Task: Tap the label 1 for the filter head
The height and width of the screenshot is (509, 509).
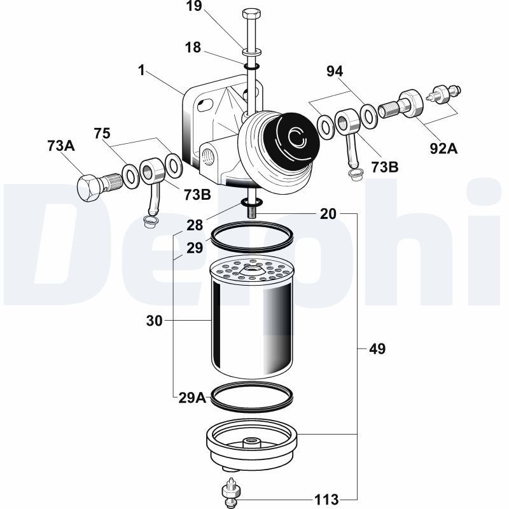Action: [x=141, y=69]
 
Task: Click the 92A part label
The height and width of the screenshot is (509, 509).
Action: [x=444, y=148]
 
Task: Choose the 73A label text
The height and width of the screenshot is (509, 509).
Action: [x=61, y=146]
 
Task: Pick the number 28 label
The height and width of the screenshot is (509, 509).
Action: [x=195, y=225]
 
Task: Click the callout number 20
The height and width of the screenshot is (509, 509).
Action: [x=328, y=214]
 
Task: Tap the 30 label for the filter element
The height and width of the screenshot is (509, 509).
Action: [x=155, y=322]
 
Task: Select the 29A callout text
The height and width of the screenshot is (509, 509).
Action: [x=192, y=398]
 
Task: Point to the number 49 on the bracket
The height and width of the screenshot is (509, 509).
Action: [x=377, y=349]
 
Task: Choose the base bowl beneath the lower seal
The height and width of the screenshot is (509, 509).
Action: [x=252, y=445]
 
